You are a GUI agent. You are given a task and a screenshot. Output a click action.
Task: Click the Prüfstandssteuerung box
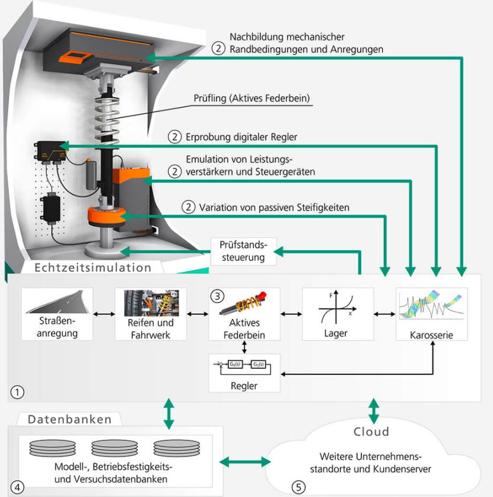pyautogui.click(x=243, y=251)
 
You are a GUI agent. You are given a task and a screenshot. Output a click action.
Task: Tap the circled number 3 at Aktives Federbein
pyautogui.click(x=217, y=296)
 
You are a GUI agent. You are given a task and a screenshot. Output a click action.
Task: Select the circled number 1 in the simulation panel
pyautogui.click(x=17, y=392)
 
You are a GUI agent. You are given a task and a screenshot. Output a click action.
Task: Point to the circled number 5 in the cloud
pyautogui.click(x=298, y=487)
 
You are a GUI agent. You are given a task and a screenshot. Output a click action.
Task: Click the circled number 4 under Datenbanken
pyautogui.click(x=17, y=487)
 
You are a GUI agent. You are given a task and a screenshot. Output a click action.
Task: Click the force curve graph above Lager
pyautogui.click(x=338, y=307)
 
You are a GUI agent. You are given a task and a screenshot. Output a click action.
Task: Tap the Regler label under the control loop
pyautogui.click(x=244, y=386)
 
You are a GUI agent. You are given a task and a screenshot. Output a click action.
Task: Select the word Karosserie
pyautogui.click(x=431, y=335)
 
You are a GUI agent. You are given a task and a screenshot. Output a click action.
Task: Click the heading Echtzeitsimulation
pyautogui.click(x=93, y=267)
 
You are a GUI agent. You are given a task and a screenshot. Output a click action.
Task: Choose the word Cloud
pyautogui.click(x=371, y=432)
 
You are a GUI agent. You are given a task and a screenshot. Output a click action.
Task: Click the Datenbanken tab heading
pyautogui.click(x=70, y=419)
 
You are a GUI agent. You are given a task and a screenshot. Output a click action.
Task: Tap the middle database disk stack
pyautogui.click(x=114, y=448)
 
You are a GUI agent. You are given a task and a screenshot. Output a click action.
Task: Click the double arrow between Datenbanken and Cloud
pyautogui.click(x=245, y=462)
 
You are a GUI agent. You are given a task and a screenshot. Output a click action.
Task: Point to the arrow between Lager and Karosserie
pyautogui.click(x=384, y=314)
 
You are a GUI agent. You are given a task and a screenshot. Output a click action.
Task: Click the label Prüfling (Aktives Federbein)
pyautogui.click(x=252, y=98)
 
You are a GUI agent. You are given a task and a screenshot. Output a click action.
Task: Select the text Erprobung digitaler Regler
pyautogui.click(x=241, y=137)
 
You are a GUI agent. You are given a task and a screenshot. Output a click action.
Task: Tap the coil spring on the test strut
pyautogui.click(x=107, y=119)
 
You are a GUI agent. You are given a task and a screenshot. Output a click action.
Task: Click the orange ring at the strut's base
pyautogui.click(x=107, y=216)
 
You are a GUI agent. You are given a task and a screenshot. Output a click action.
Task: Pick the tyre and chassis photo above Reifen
pyautogui.click(x=151, y=303)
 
